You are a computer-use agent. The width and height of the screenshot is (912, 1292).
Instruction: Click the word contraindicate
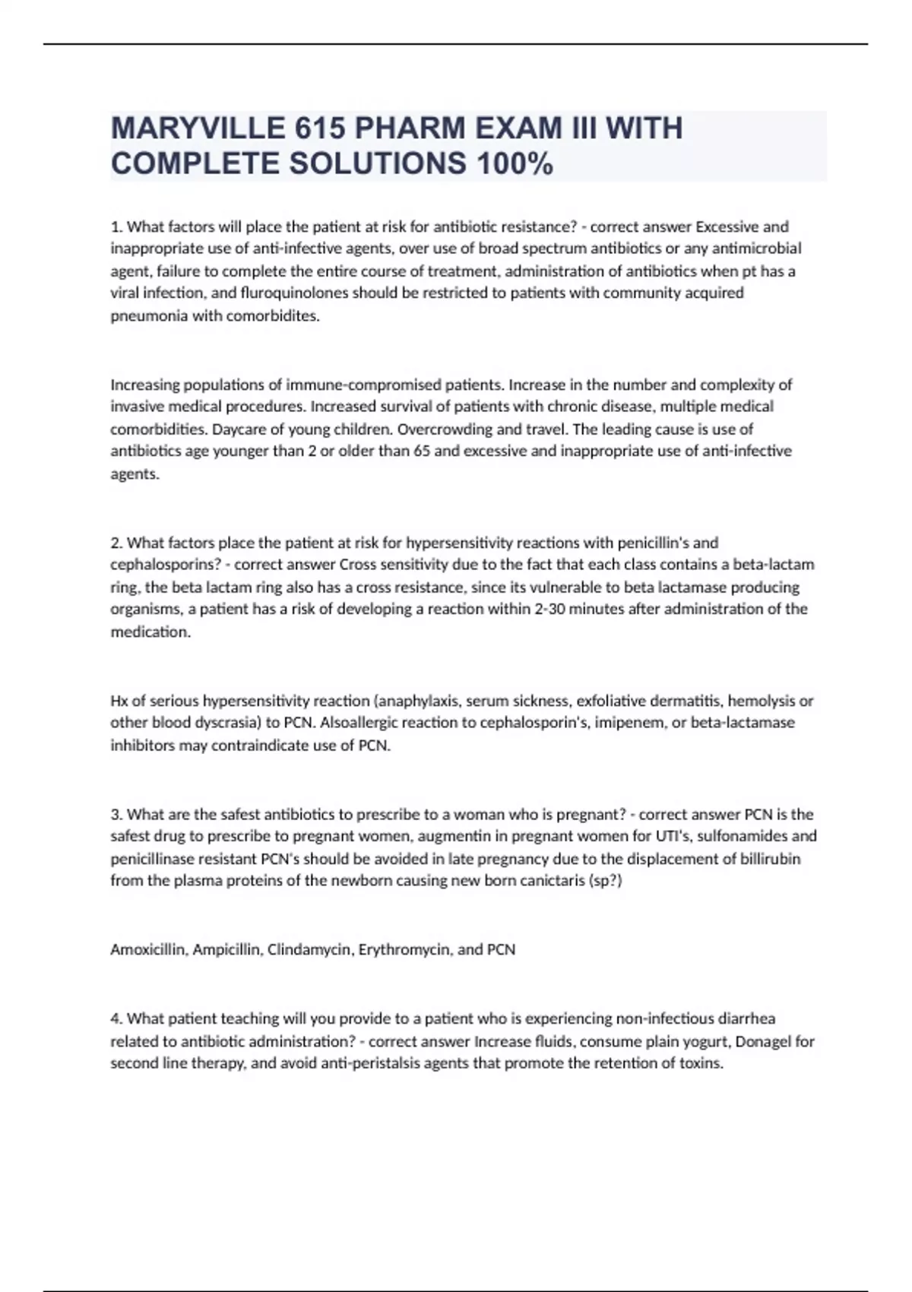click(x=258, y=745)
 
